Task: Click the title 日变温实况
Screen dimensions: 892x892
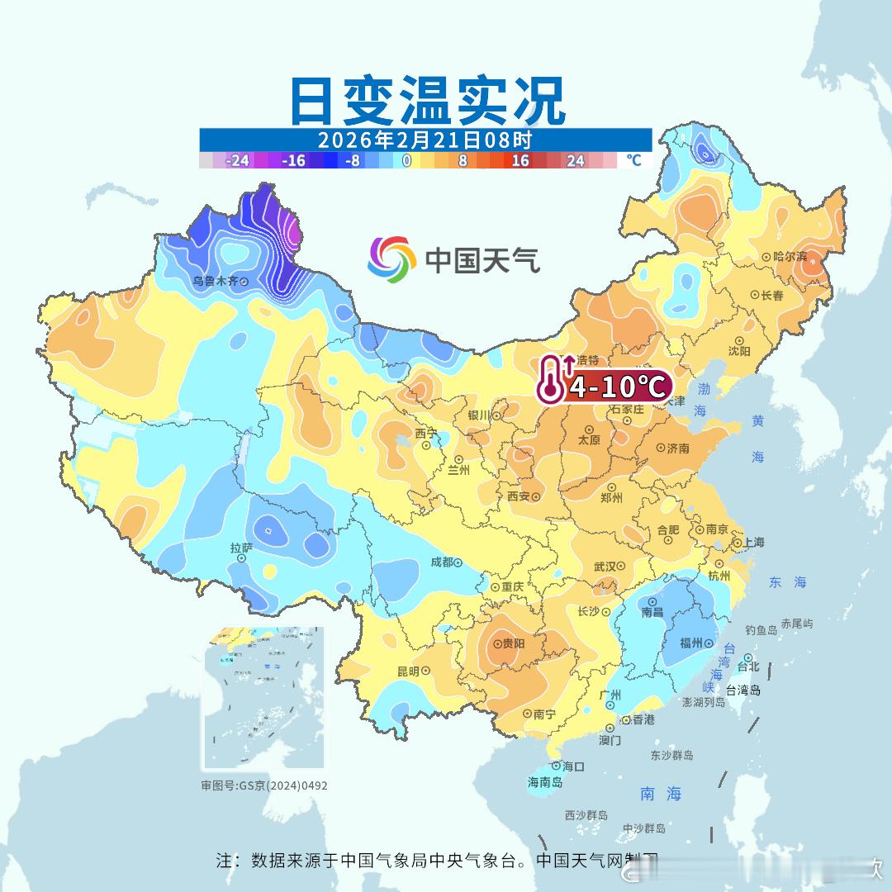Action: [x=428, y=101]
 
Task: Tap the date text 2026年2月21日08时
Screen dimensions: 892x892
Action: [x=425, y=140]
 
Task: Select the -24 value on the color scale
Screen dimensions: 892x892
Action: [x=238, y=160]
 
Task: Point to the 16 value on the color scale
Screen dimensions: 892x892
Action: [x=520, y=160]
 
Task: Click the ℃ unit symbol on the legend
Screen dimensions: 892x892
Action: [x=633, y=160]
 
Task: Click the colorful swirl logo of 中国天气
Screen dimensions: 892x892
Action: [x=391, y=259]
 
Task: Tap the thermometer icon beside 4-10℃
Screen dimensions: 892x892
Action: [x=551, y=379]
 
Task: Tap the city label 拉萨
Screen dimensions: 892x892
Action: [x=241, y=547]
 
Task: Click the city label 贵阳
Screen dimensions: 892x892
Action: [x=513, y=643]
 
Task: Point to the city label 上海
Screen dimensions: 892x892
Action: [x=753, y=542]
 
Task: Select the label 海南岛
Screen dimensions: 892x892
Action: [x=545, y=781]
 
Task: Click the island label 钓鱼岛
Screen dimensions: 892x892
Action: [x=761, y=630]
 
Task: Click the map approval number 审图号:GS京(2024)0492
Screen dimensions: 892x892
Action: [x=264, y=785]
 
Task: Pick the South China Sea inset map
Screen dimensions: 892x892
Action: [x=264, y=698]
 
